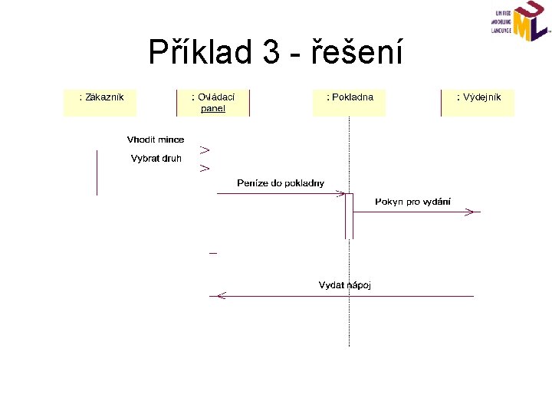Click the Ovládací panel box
(x=212, y=103)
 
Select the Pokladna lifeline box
(x=350, y=103)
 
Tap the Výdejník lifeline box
(x=478, y=103)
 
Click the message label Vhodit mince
(x=156, y=140)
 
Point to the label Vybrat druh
(x=156, y=159)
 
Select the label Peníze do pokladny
(x=281, y=183)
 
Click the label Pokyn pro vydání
(x=412, y=202)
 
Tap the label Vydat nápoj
(x=345, y=285)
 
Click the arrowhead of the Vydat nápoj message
(x=221, y=295)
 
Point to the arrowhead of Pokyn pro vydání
(x=472, y=212)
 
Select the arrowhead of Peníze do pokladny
(x=340, y=194)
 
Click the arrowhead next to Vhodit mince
(x=205, y=149)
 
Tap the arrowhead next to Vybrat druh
(x=205, y=167)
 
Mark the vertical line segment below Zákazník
(x=97, y=172)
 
